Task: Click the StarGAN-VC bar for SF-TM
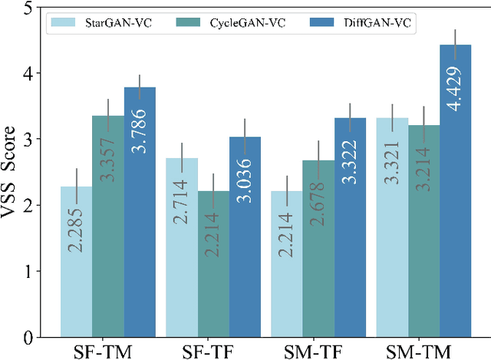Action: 77,261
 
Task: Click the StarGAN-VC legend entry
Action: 100,23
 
